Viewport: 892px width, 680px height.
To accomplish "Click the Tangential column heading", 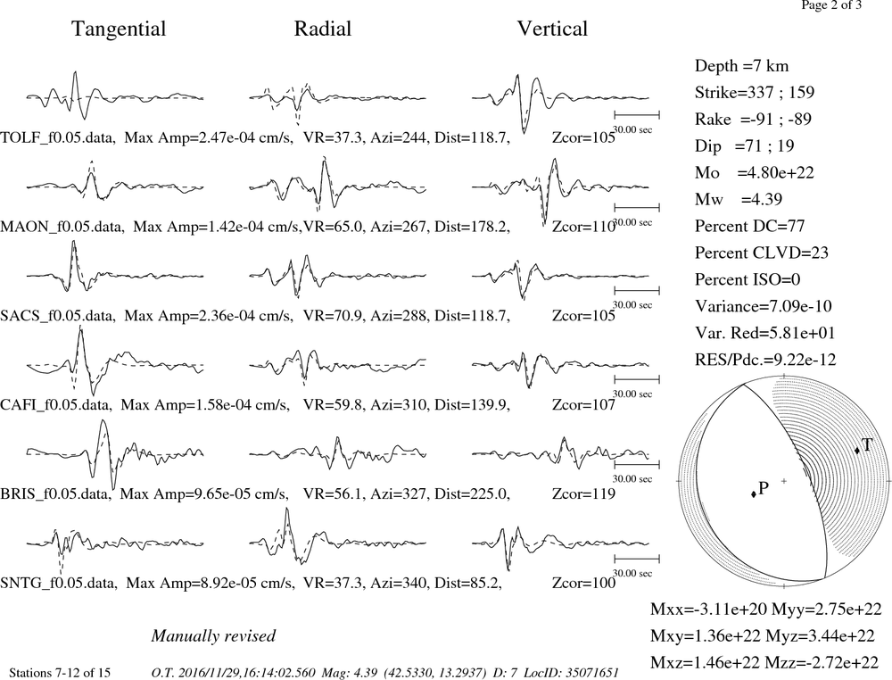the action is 119,29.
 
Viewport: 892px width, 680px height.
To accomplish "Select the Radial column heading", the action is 323,29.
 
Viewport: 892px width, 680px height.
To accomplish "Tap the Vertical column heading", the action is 552,29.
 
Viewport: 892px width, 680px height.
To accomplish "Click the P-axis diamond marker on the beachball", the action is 754,493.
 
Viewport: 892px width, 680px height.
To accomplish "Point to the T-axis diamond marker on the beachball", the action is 857,451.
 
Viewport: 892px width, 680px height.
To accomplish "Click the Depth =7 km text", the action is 741,67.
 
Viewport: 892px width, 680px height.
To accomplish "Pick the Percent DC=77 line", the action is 750,227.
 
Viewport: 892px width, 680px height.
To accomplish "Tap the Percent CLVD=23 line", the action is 761,253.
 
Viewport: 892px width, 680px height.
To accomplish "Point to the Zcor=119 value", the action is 583,493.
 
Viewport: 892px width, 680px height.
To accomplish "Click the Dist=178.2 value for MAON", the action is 471,227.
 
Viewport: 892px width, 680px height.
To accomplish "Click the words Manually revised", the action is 213,636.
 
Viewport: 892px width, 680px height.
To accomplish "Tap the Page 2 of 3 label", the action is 831,5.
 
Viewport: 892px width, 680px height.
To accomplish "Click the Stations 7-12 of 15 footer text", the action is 61,673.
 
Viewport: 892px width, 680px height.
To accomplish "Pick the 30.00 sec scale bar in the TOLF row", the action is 637,115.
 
